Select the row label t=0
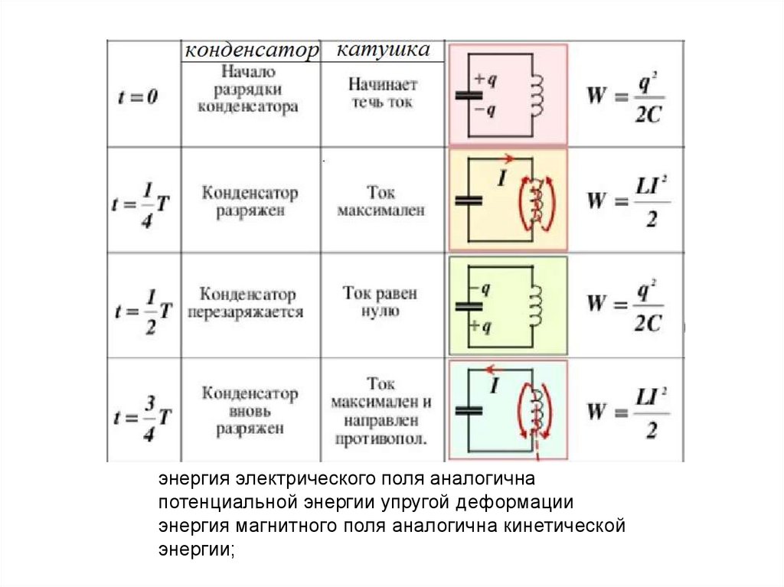(138, 97)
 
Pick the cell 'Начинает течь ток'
(382, 92)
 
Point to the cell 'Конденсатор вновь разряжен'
(250, 411)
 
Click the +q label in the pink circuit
(485, 79)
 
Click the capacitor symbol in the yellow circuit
(469, 200)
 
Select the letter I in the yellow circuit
(503, 181)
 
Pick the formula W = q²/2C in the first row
(625, 97)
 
